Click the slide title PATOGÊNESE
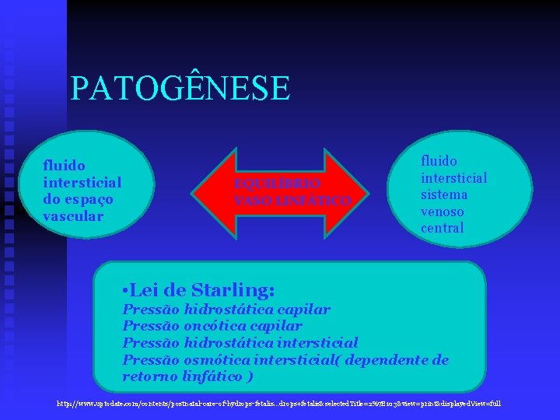click(x=180, y=88)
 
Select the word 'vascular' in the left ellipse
click(x=73, y=215)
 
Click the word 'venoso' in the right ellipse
click(x=443, y=212)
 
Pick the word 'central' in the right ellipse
click(x=443, y=228)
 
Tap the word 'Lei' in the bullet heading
click(x=147, y=291)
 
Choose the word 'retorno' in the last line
click(x=150, y=376)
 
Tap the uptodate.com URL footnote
click(x=279, y=404)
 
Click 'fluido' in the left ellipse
click(x=65, y=165)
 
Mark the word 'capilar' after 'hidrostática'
click(x=303, y=310)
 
